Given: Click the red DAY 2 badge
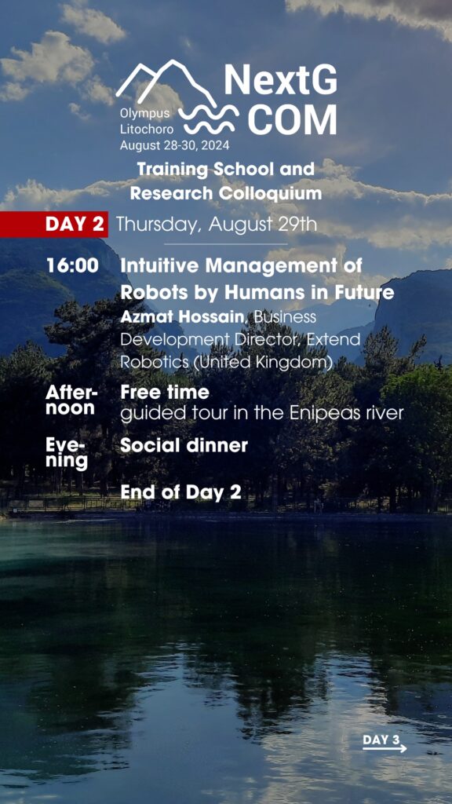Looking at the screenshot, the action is pos(54,225).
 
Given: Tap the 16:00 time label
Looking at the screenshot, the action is pos(72,266).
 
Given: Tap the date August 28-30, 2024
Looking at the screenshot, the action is pos(175,145).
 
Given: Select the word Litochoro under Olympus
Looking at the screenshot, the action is pos(147,130).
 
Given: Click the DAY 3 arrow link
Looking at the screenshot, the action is pos(385,743).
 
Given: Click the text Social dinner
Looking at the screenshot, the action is pos(184,446).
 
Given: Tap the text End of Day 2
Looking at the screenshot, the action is pos(180,492).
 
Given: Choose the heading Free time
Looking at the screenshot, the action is pos(165,393).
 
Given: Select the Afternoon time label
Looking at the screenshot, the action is pos(71,400).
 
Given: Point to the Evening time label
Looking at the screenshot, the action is pos(67,454).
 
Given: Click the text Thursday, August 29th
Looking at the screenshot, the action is pos(217,225).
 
